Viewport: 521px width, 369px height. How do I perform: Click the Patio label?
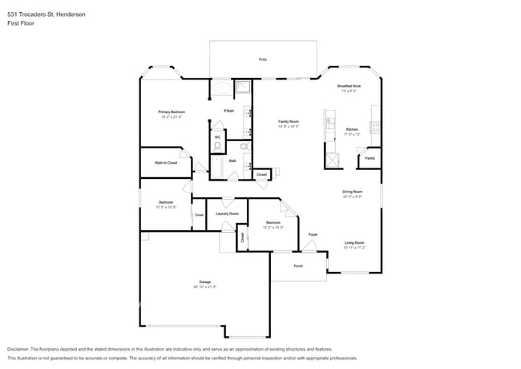pos(262,60)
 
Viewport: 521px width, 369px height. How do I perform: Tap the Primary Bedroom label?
pos(172,112)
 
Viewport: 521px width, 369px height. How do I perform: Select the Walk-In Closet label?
pos(166,163)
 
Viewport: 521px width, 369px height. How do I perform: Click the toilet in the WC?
pos(216,146)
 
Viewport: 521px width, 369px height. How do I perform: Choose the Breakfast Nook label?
pos(349,86)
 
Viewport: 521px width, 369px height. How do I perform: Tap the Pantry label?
pos(370,158)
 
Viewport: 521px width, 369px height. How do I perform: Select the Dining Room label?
pos(353,192)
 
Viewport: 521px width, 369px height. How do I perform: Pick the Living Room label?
pos(354,242)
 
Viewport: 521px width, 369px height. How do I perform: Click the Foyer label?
pos(313,234)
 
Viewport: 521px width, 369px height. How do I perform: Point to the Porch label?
pos(297,266)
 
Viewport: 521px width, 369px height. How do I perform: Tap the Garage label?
pos(205,282)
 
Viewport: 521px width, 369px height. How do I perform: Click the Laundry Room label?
pos(227,213)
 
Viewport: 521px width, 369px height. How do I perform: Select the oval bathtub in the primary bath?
pos(221,88)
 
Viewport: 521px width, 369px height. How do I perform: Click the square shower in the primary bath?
pos(243,89)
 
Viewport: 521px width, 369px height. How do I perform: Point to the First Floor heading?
pos(22,23)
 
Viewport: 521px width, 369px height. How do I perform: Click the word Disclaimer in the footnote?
pos(21,350)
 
